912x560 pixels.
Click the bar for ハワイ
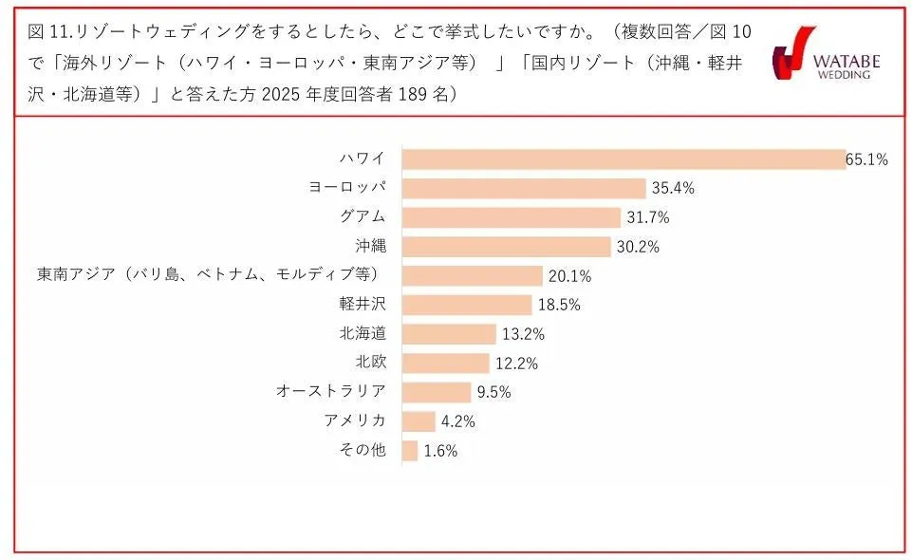coord(624,159)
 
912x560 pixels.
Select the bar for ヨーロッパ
coord(524,188)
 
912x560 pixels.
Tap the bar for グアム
coord(512,217)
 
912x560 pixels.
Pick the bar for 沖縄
coord(507,247)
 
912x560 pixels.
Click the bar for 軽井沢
coord(467,305)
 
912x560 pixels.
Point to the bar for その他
coord(410,451)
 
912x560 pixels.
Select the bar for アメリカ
coord(419,421)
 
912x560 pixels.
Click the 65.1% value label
coord(866,159)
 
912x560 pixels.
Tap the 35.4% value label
coord(673,189)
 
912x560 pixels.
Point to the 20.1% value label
coord(570,276)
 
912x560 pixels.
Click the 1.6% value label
coord(440,452)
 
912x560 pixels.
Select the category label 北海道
coord(363,333)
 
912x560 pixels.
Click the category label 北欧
coord(370,363)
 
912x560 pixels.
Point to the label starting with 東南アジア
coord(208,275)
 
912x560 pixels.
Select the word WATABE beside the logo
coord(847,61)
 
